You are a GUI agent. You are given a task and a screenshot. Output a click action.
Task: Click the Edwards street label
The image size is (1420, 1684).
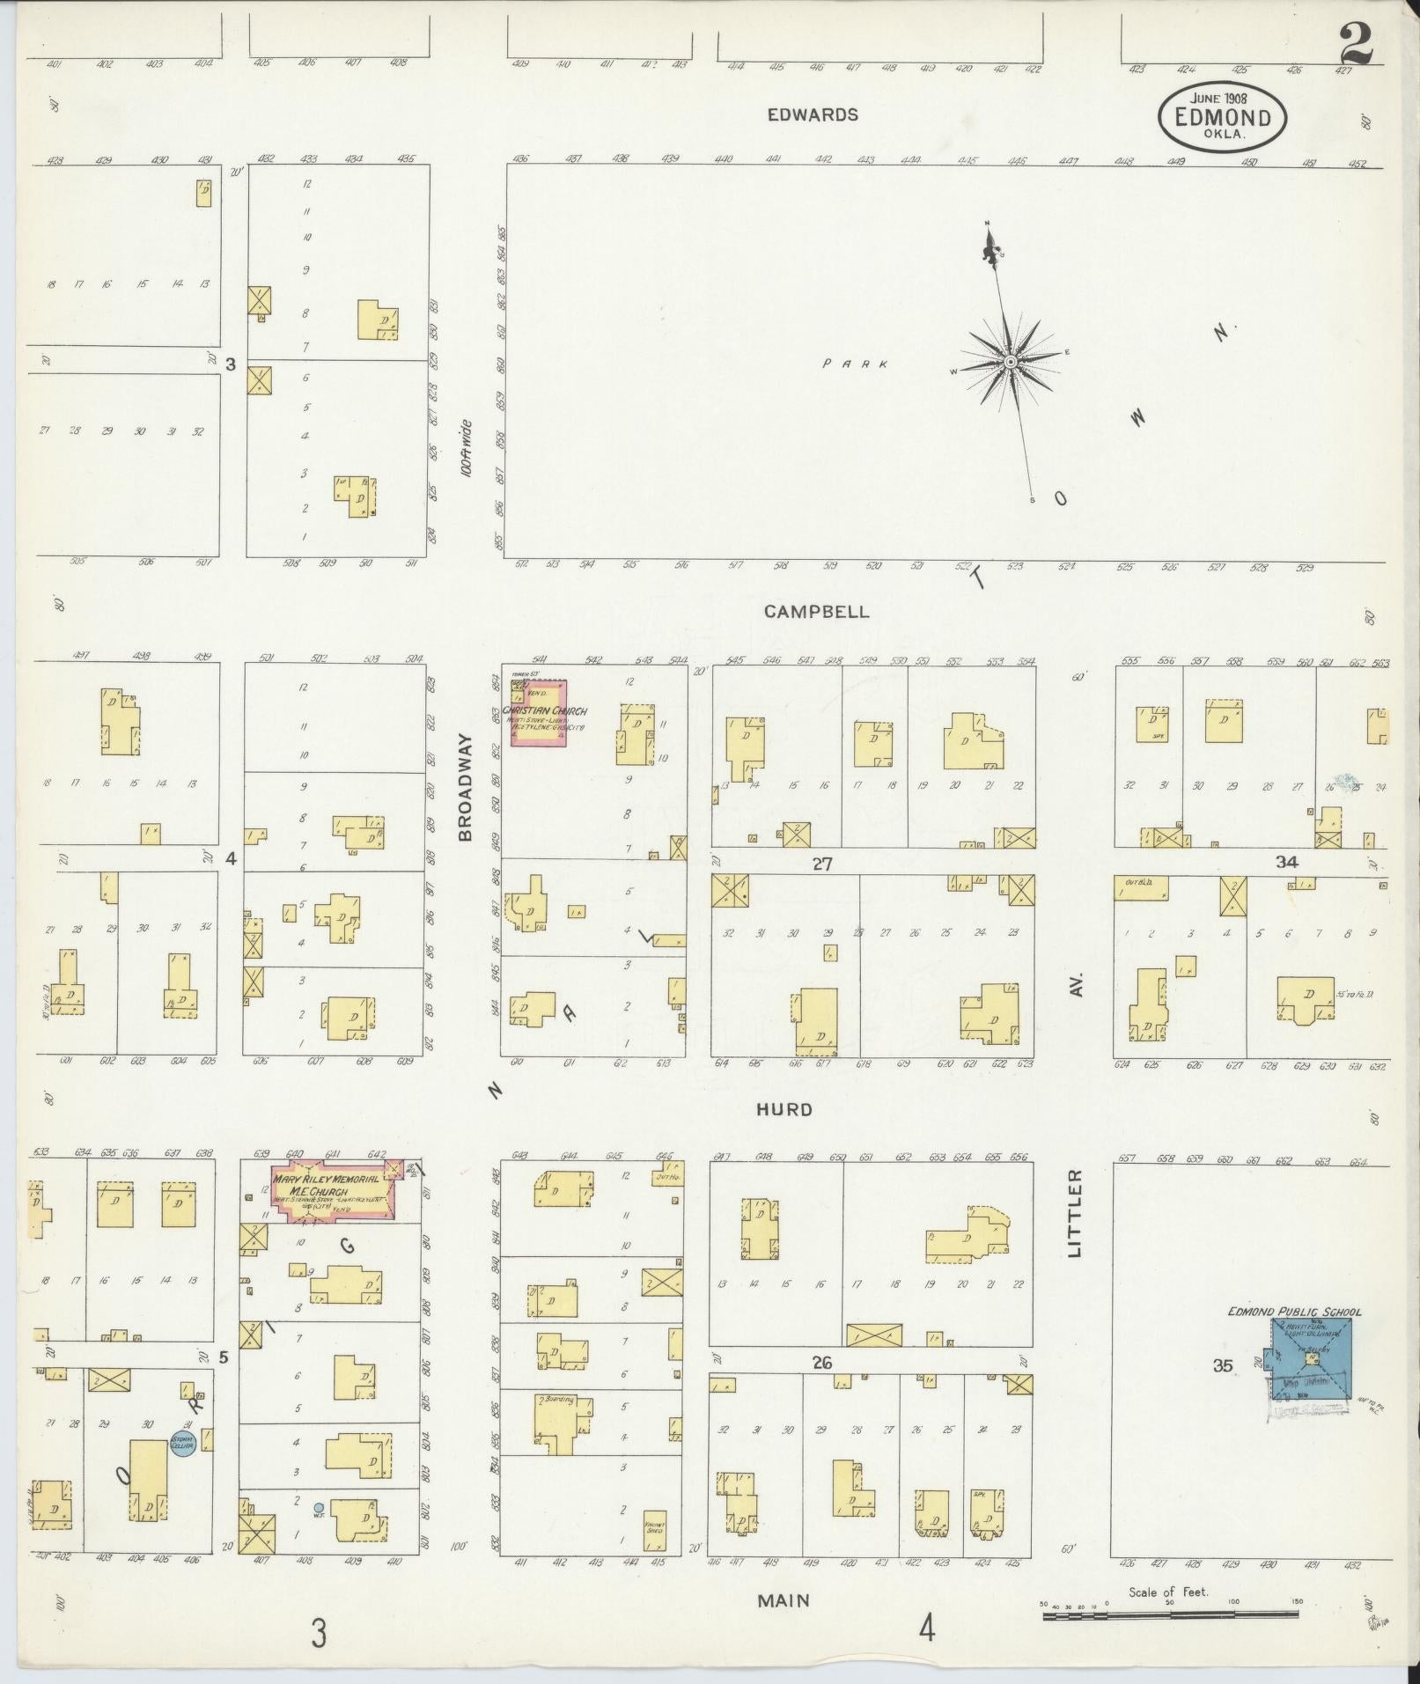[812, 114]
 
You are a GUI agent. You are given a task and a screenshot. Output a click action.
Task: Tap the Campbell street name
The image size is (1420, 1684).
[816, 612]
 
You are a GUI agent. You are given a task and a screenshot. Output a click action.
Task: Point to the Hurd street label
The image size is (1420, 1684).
[784, 1110]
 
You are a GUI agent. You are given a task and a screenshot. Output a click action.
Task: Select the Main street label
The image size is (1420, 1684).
[784, 1599]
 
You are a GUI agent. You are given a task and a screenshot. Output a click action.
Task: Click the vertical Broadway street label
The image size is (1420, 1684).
[466, 787]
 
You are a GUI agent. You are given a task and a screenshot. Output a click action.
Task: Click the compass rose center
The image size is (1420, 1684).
[1011, 363]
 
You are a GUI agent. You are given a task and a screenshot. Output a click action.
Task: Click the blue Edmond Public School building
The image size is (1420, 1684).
[1310, 1381]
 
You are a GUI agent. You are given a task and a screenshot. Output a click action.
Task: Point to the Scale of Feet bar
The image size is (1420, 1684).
[1171, 1614]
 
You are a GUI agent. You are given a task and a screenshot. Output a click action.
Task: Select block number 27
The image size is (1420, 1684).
[821, 864]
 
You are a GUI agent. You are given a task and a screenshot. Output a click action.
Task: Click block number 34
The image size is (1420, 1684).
[1286, 862]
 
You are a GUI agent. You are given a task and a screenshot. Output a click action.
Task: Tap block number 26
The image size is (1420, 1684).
[821, 1364]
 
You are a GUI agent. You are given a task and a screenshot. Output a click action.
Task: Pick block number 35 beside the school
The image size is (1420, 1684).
[1222, 1391]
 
